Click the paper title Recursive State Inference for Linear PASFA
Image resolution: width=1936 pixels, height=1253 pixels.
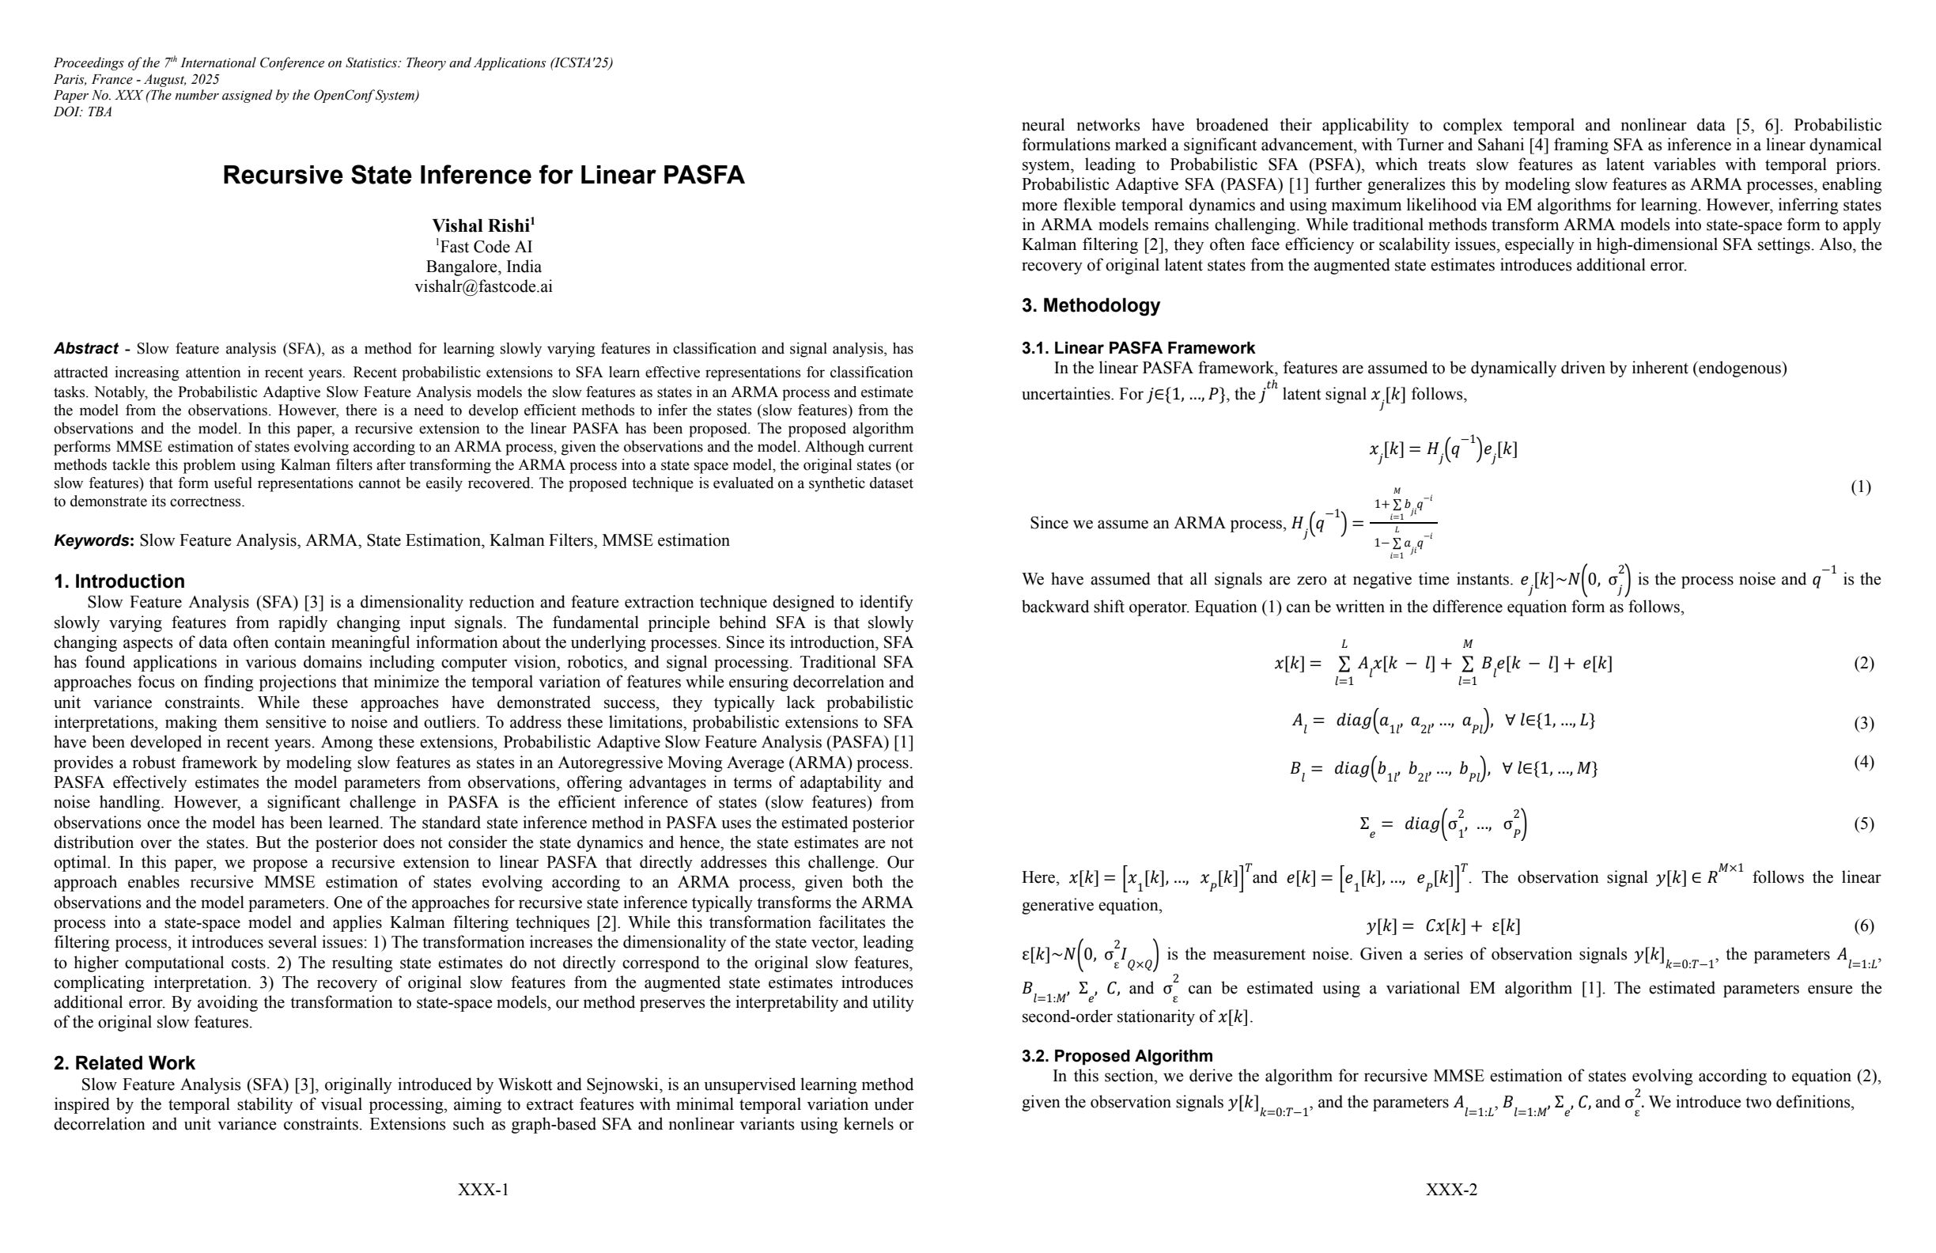coord(483,176)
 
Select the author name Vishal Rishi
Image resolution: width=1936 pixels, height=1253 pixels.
coord(481,226)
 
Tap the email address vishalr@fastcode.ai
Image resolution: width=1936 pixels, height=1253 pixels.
coord(483,286)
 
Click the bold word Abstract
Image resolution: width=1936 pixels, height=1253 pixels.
coord(85,349)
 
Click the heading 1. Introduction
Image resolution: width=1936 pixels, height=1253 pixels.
coord(119,581)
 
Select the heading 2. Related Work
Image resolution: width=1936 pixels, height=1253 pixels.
coord(124,1063)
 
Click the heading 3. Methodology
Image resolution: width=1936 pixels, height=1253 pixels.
coord(1090,306)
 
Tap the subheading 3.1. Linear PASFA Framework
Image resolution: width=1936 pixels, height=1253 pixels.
coord(1138,348)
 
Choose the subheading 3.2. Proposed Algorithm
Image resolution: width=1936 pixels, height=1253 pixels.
coord(1117,1056)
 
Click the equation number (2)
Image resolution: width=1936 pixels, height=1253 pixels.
coord(1863,663)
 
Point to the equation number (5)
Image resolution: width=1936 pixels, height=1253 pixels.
coord(1863,824)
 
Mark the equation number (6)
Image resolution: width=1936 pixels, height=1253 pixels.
coord(1863,926)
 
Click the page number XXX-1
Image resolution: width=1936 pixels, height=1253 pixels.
coord(483,1191)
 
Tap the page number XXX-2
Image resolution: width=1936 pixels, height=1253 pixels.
coord(1451,1191)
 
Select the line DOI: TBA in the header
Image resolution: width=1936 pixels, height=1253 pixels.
coord(83,112)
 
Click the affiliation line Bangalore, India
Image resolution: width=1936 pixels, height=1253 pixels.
coord(483,267)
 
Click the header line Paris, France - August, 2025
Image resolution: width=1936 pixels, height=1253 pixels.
coord(137,80)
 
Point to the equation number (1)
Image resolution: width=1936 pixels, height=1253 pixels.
coord(1860,487)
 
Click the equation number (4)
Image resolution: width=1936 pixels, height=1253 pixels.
coord(1863,763)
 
